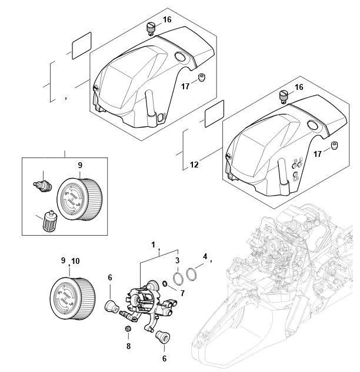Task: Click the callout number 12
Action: click(194, 165)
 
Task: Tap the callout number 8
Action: click(128, 346)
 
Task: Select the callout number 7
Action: click(182, 293)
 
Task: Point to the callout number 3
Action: click(177, 260)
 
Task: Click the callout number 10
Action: click(75, 261)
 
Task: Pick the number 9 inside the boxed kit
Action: click(80, 165)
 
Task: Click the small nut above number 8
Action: click(128, 329)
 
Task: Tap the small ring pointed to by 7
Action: click(165, 283)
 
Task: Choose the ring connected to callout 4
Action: click(192, 274)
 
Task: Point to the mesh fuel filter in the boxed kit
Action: click(49, 220)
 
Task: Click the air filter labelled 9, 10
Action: click(73, 298)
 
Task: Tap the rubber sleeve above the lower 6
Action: click(163, 336)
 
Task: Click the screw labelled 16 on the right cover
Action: click(284, 97)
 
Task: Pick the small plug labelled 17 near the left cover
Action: click(202, 78)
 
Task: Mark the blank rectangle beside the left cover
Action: click(81, 45)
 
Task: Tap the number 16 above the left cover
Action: click(167, 19)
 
